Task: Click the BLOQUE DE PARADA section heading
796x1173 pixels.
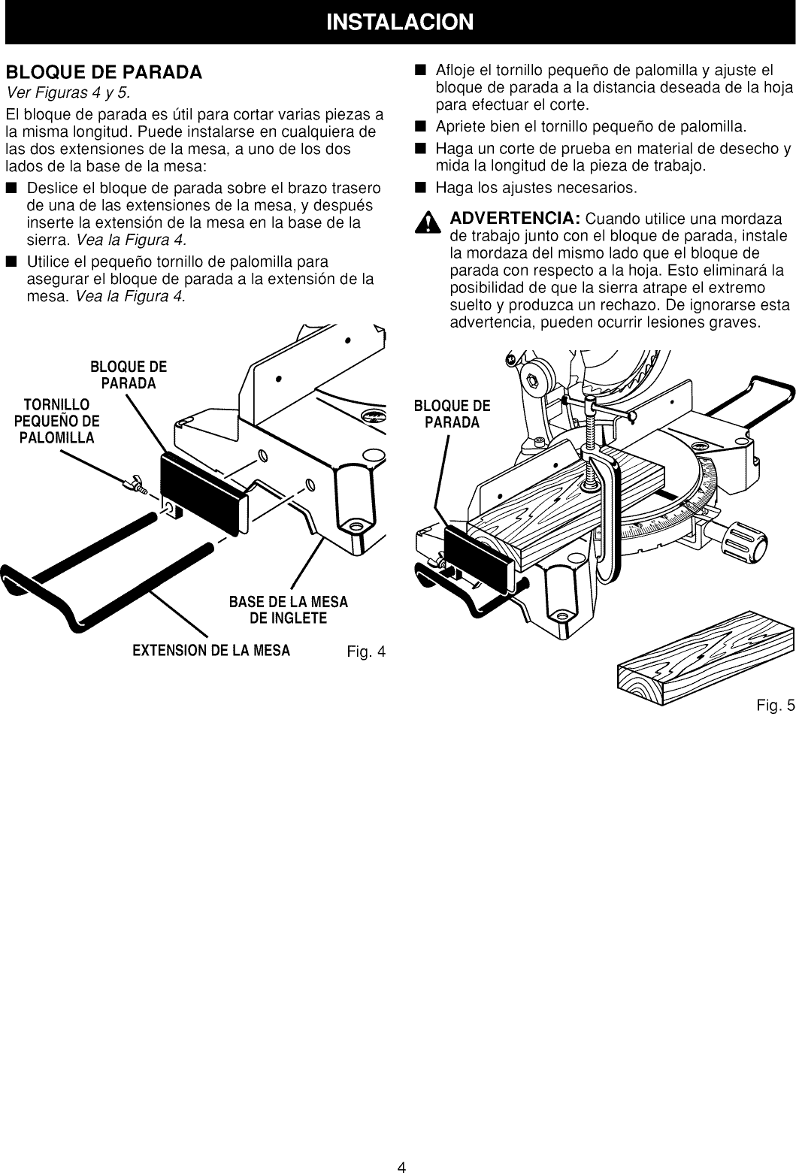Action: [x=104, y=73]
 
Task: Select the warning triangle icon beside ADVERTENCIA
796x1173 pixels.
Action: [x=429, y=223]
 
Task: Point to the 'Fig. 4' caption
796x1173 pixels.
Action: [x=366, y=651]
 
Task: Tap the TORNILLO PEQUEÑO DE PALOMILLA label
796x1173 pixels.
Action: [x=56, y=422]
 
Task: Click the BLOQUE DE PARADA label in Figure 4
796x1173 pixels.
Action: [x=129, y=375]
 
